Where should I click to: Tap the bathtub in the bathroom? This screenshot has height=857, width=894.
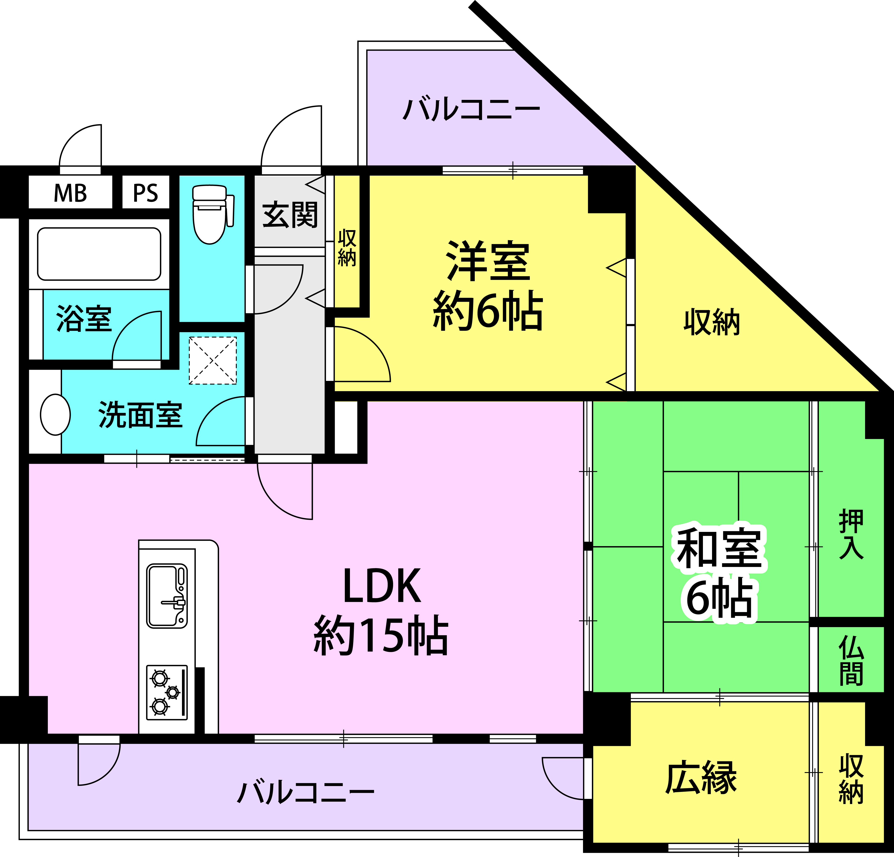pos(99,254)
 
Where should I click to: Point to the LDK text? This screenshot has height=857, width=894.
pos(382,587)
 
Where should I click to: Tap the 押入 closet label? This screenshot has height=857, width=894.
pos(851,534)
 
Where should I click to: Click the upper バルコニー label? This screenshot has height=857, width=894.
pos(471,109)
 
